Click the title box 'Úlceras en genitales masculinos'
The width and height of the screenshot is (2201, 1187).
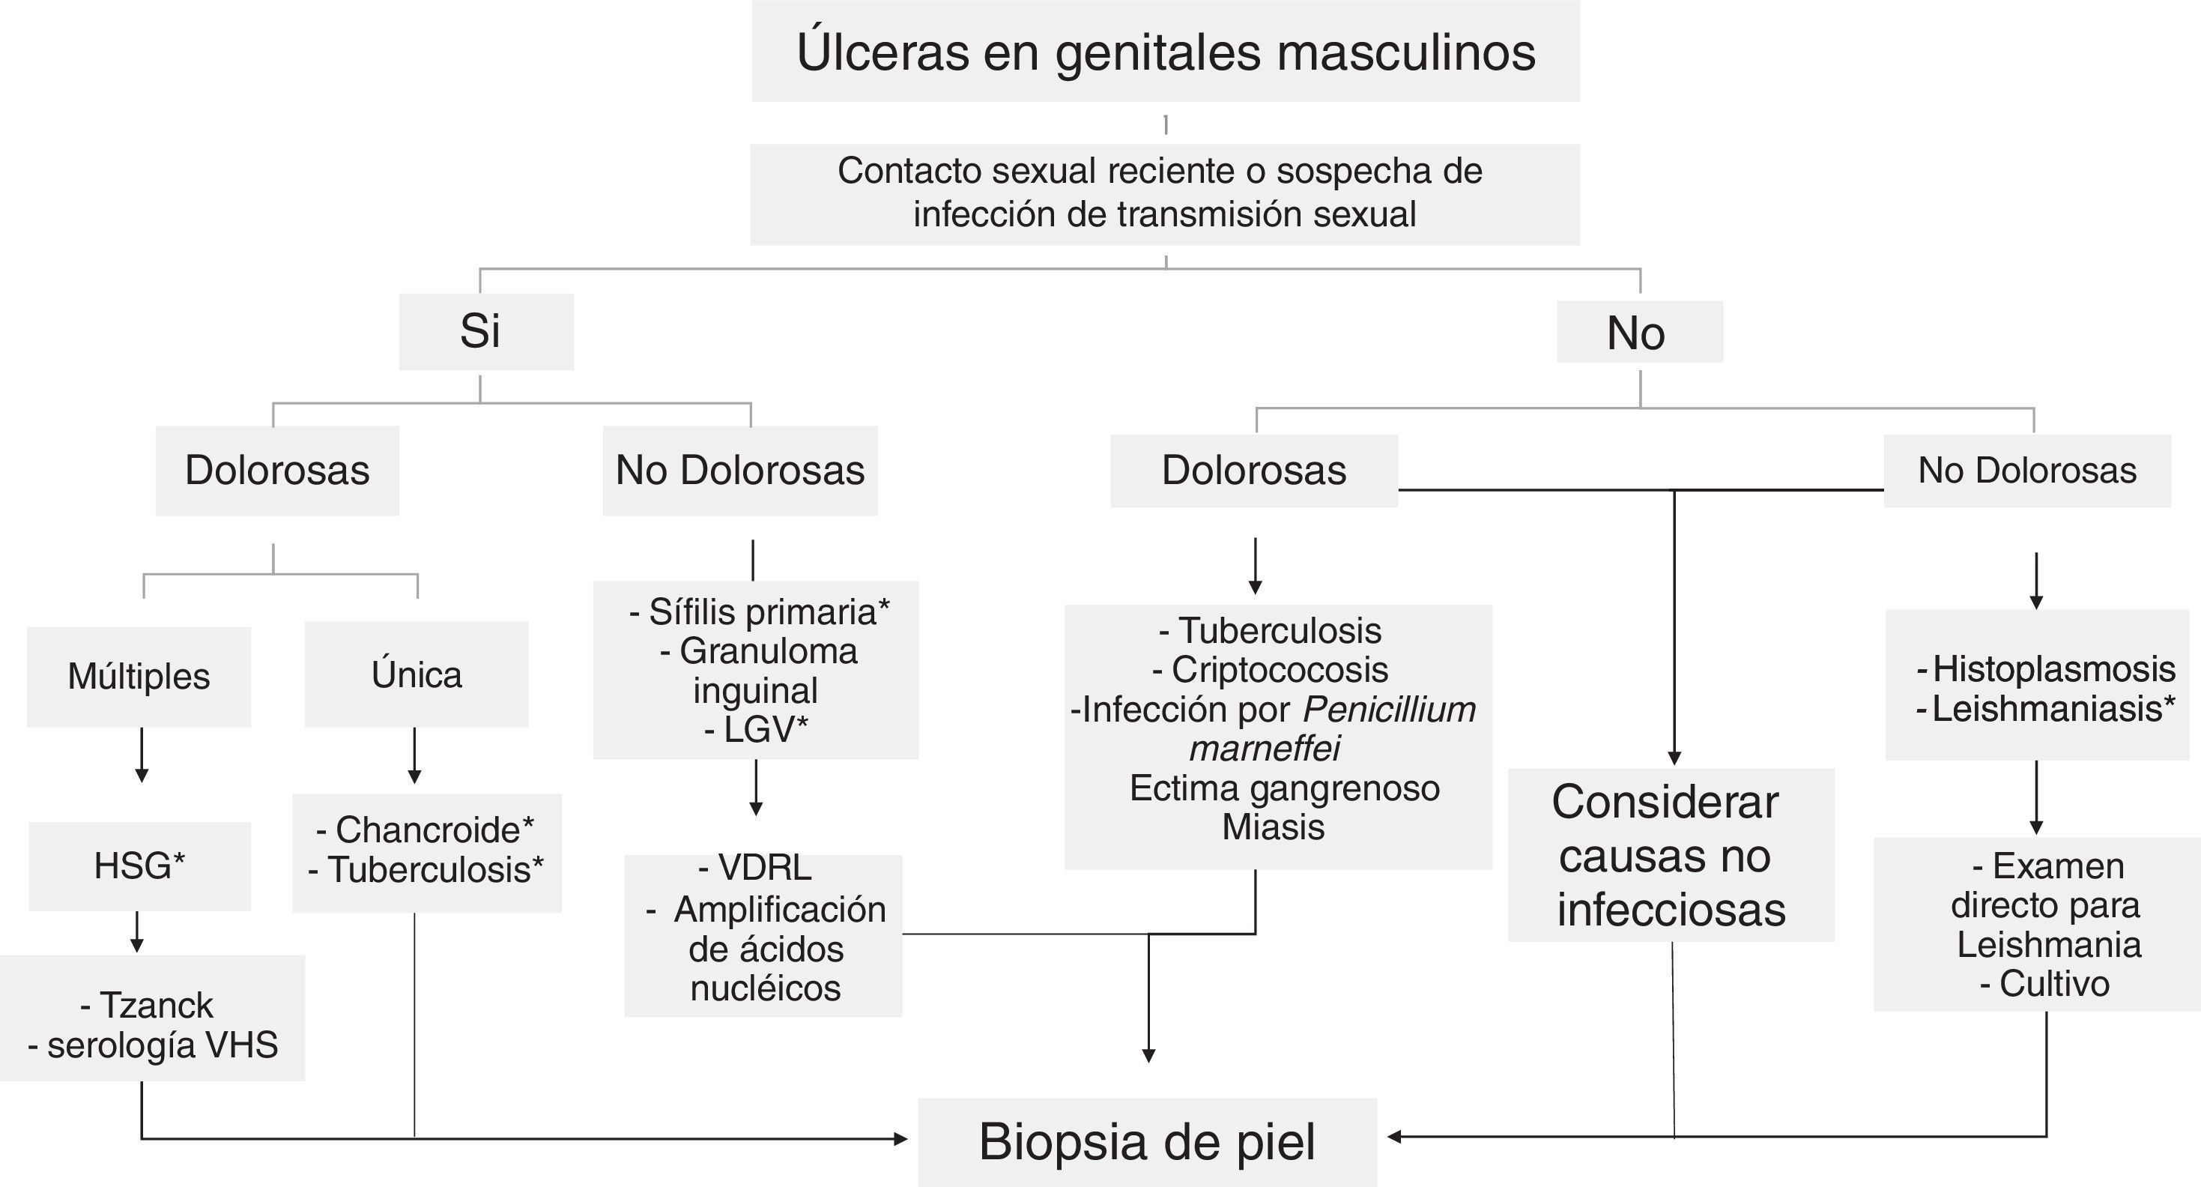pos(1166,51)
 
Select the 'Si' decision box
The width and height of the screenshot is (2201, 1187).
pos(485,331)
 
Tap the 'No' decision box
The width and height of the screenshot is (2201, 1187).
pos(1639,331)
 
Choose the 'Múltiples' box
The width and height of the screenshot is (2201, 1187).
pos(139,677)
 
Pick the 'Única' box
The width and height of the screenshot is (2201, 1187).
pos(416,674)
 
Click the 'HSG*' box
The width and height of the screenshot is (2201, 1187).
pos(139,866)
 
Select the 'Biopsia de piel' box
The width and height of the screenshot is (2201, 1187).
pos(1147,1142)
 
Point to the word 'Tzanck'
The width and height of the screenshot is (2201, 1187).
pos(157,1005)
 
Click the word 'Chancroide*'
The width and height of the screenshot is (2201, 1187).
pos(434,830)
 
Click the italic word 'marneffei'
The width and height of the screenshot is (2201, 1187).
pos(1265,749)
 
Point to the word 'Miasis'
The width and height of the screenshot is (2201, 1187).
pos(1273,827)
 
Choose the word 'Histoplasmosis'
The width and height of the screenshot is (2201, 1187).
pos(2053,669)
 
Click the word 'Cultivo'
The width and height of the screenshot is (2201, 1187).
pos(2054,984)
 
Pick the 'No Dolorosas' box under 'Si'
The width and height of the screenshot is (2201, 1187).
pos(740,471)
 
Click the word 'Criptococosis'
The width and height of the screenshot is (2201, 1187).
pos(1279,670)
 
